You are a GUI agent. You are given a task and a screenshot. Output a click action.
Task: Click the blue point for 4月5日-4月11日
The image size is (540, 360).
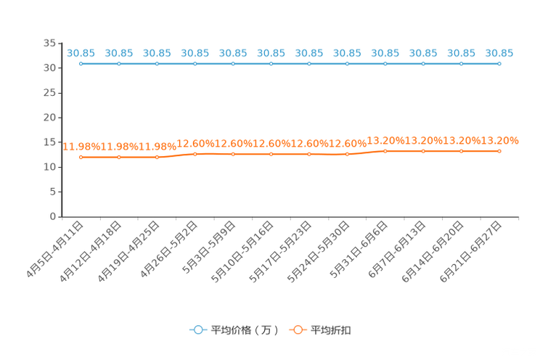81,64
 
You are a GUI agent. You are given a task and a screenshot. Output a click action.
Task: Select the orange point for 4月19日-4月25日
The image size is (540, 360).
157,157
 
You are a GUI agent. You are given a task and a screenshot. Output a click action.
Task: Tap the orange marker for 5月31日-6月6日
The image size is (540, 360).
385,151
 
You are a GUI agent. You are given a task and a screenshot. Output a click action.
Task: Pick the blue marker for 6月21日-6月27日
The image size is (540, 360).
499,64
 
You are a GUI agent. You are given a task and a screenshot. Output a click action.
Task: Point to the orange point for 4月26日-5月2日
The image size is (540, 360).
195,154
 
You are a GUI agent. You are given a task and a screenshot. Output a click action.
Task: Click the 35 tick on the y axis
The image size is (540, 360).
49,43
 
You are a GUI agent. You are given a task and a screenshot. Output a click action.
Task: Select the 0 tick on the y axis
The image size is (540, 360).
53,216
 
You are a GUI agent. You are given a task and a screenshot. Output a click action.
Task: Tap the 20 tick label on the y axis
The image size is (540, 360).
49,118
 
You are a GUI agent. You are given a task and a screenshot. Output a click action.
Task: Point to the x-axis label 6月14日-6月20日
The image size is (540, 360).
433,252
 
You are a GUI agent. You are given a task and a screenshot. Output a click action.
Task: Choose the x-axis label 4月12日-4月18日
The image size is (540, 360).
91,252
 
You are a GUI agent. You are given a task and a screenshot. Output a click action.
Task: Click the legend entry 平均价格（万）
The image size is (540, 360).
245,330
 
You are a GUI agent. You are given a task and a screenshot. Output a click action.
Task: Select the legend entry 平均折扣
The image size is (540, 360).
331,330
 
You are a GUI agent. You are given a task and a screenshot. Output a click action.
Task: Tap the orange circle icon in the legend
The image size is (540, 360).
298,330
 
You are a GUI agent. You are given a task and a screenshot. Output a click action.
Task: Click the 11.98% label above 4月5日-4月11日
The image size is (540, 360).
81,147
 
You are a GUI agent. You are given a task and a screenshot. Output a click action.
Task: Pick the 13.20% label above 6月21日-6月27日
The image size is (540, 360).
499,141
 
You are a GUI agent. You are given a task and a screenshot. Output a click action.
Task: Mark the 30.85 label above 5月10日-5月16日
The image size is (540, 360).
271,53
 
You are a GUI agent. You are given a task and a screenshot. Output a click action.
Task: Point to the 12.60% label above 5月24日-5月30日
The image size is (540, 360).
348,143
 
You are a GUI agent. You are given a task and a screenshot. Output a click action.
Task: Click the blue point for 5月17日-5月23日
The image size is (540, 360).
309,64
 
